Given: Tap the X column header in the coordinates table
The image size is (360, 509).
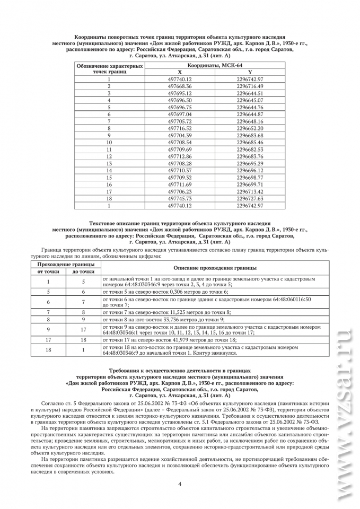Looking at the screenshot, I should tap(180, 72).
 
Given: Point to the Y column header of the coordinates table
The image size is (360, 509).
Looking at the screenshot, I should tap(250, 72).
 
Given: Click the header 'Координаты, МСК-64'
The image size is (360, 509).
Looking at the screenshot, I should tap(215, 65).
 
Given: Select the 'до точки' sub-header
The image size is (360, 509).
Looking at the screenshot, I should tap(83, 271).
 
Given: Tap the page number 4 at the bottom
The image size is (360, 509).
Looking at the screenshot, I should tap(180, 484).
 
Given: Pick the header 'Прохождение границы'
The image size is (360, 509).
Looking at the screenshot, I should tap(65, 264).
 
